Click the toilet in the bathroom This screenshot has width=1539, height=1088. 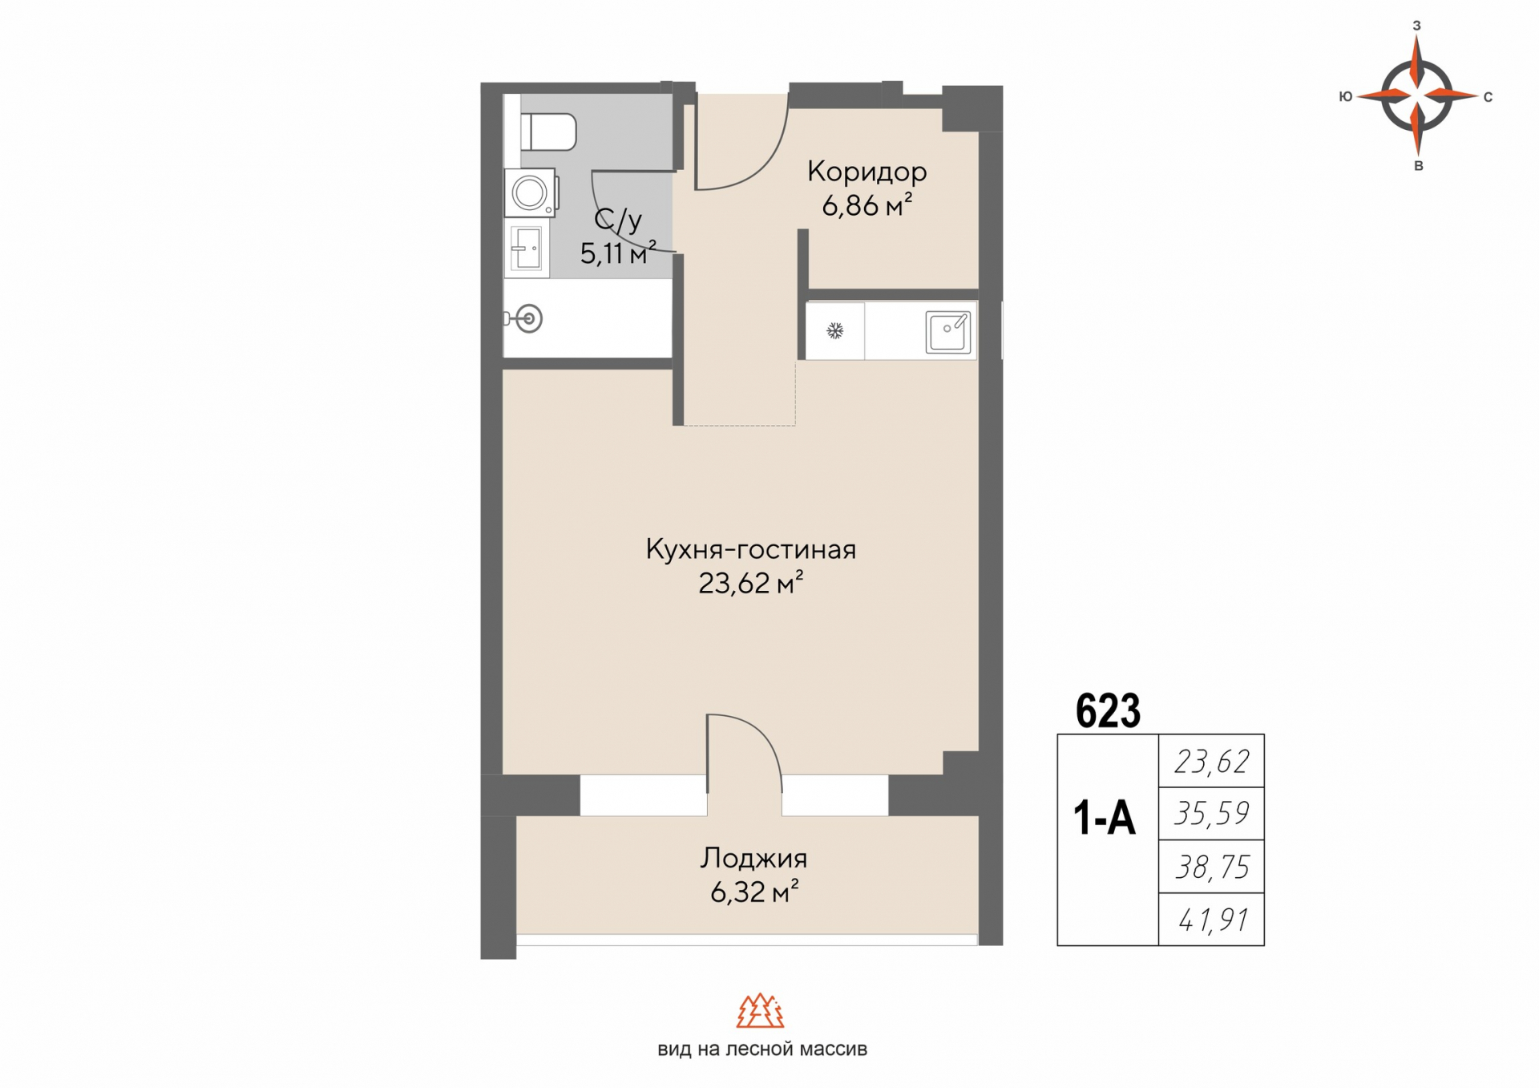click(x=548, y=131)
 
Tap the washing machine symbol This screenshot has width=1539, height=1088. click(x=531, y=192)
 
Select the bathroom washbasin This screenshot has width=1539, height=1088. click(x=527, y=249)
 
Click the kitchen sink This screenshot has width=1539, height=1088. click(x=948, y=331)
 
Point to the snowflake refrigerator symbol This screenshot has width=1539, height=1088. click(x=835, y=330)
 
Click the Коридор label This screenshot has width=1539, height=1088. click(x=866, y=172)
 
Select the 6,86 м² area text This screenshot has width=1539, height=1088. click(x=866, y=206)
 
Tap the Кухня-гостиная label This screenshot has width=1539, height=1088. click(x=751, y=550)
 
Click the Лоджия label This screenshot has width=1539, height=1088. click(x=753, y=859)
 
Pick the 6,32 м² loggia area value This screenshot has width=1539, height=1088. click(x=754, y=892)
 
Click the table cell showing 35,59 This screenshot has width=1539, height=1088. click(x=1211, y=814)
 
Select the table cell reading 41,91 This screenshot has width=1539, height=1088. click(x=1211, y=920)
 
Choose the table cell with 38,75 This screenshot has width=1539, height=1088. click(x=1211, y=867)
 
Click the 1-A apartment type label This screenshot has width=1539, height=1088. click(x=1105, y=819)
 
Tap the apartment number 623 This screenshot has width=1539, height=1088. click(x=1108, y=710)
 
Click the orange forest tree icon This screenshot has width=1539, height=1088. click(x=760, y=1011)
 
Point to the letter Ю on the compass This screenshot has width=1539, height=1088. click(x=1346, y=97)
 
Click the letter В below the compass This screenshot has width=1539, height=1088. click(x=1418, y=166)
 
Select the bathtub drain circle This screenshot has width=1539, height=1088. click(x=528, y=319)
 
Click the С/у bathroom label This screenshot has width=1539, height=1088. click(x=618, y=220)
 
